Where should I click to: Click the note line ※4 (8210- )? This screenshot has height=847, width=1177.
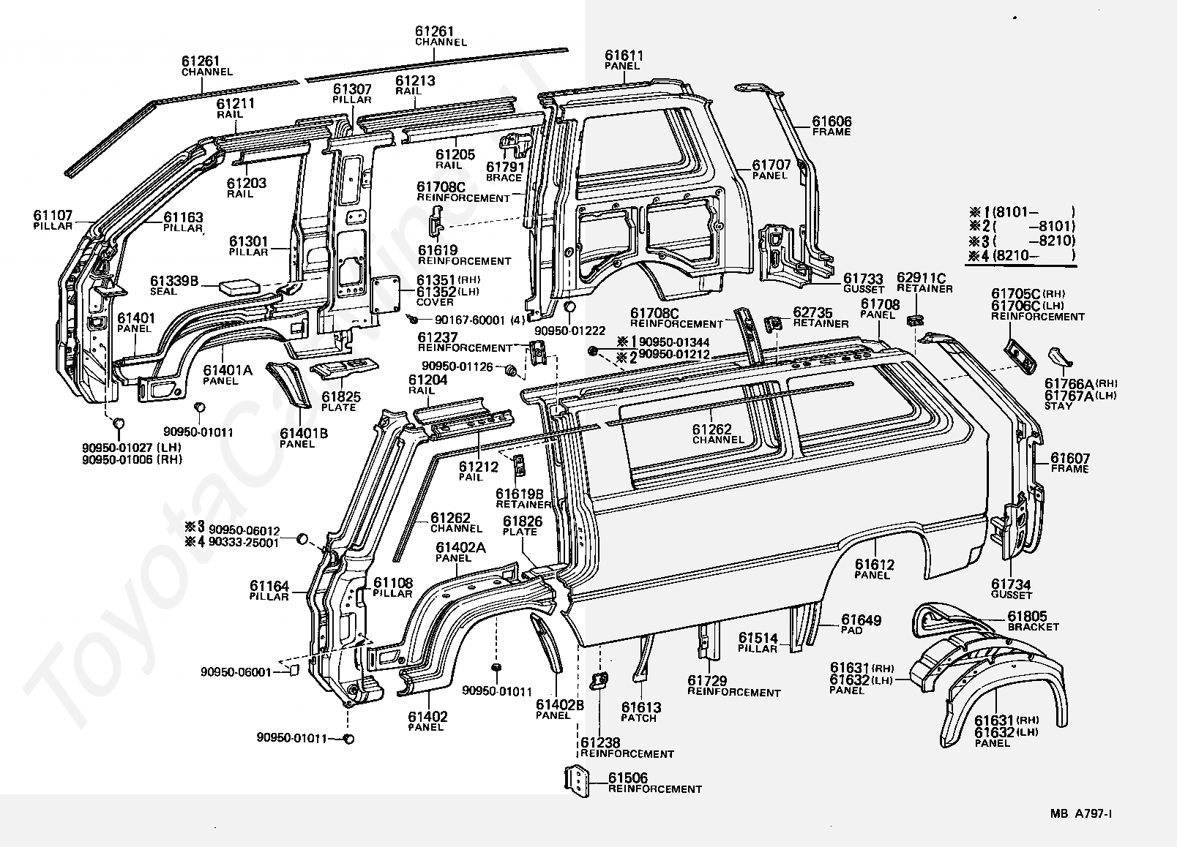pos(1021,255)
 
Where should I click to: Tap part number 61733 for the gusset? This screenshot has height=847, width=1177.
pos(863,279)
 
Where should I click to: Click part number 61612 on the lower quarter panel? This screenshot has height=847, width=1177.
pos(874,565)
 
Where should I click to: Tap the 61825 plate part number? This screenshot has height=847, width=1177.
pos(341,396)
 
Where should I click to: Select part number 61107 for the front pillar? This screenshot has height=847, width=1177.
pos(53,216)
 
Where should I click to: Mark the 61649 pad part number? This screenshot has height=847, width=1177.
pos(861,620)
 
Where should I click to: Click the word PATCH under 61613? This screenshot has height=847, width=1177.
pos(640,718)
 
